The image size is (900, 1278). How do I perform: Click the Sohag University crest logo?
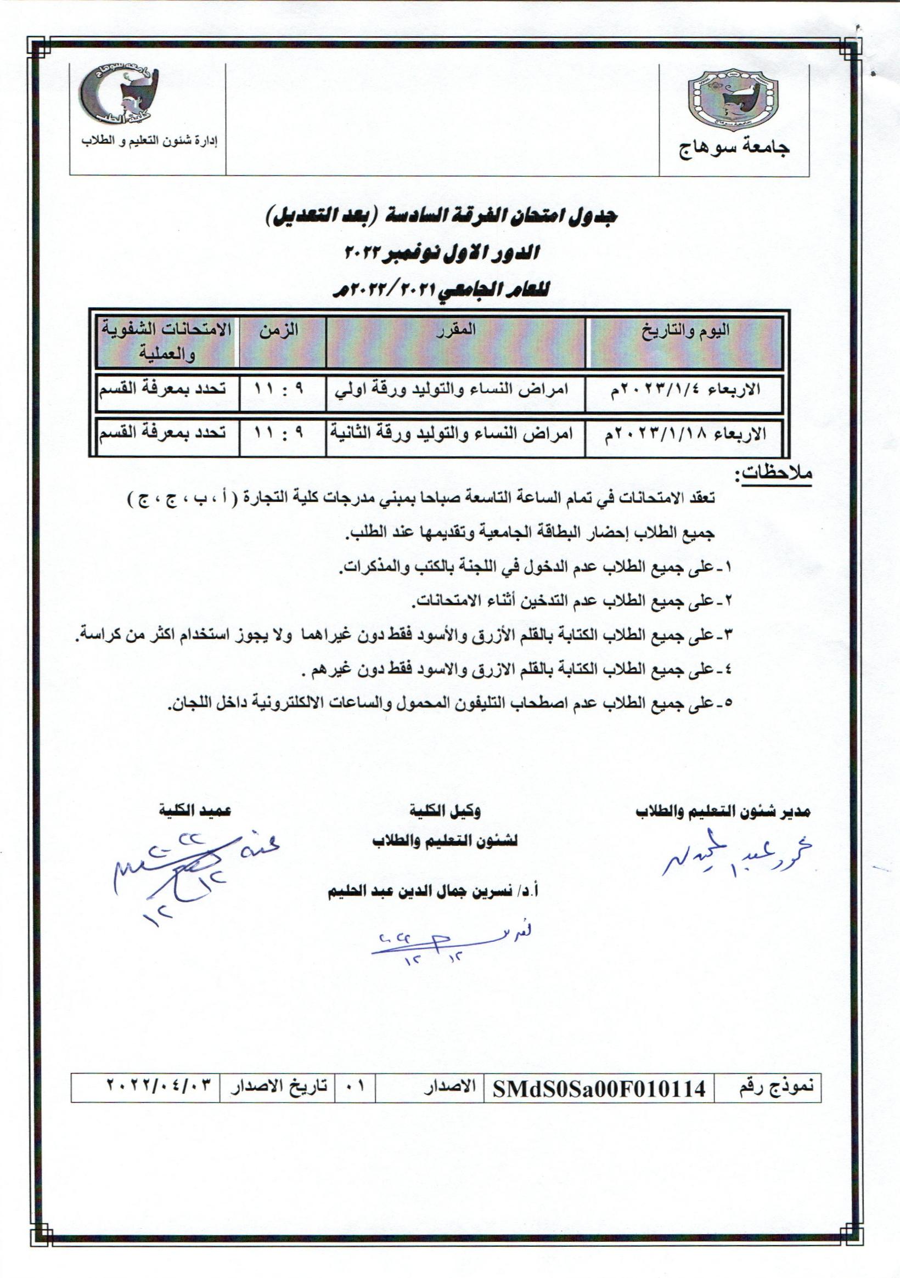(733, 101)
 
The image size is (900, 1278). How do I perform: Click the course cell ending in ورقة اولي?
(455, 389)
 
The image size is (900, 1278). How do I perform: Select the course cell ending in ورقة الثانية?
(455, 434)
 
